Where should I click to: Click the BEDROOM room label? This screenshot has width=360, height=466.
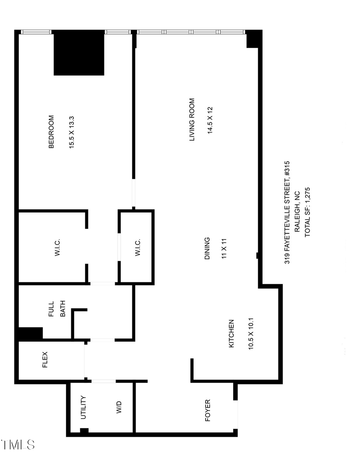coord(51,132)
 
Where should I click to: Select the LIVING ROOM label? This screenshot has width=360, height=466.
coord(192,120)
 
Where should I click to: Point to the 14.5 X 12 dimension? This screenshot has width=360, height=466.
coord(210,120)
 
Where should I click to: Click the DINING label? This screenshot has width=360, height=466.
coord(207,248)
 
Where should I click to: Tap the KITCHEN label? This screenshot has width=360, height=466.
coord(231,333)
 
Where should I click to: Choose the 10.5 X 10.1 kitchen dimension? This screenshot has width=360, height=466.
coord(251,333)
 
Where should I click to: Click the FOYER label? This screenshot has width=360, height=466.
coord(208,410)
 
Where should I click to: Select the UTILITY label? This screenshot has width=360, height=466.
coord(83,407)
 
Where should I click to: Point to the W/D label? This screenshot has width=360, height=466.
coord(119,407)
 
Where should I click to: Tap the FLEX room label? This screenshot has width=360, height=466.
coord(45,360)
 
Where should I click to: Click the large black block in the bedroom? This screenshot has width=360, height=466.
coord(79,53)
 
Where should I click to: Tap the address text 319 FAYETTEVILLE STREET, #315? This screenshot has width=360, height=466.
coord(287,212)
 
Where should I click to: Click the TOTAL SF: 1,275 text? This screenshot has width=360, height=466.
coord(308,212)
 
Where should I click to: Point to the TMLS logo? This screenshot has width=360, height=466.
coord(18,444)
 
